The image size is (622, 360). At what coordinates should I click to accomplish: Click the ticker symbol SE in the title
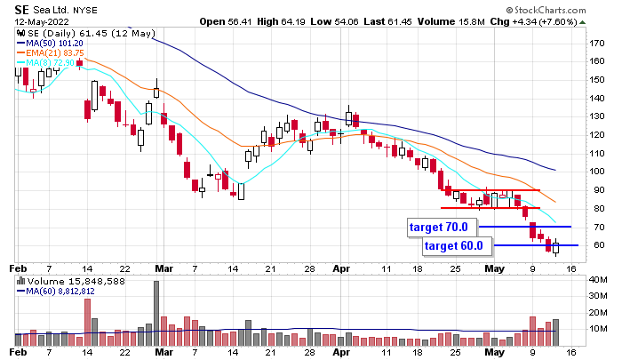point(22,8)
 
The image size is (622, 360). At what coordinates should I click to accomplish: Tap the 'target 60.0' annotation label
point(453,245)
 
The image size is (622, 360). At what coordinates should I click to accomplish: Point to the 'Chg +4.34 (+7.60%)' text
point(557,21)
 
